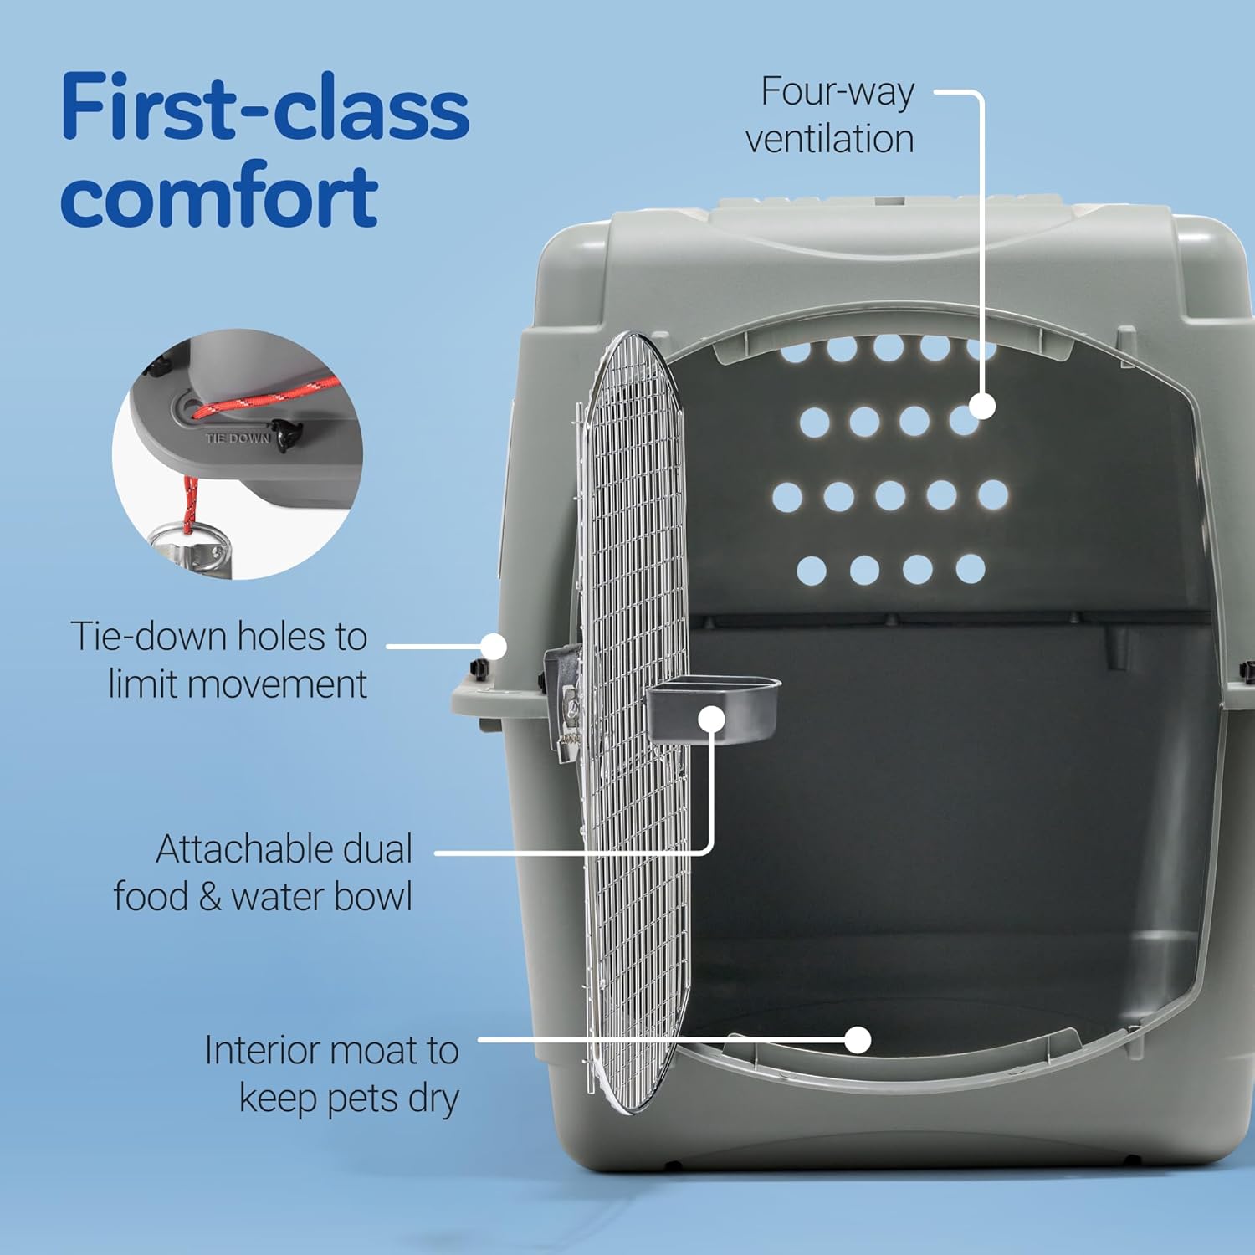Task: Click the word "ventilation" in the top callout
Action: tap(829, 140)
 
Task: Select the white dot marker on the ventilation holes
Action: tap(982, 407)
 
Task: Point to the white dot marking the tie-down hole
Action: tap(494, 646)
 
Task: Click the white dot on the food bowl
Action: tap(711, 719)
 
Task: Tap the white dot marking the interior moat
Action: tap(858, 1040)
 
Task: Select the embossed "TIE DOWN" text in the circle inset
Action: tap(238, 438)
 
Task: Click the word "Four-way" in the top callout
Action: tap(837, 92)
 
